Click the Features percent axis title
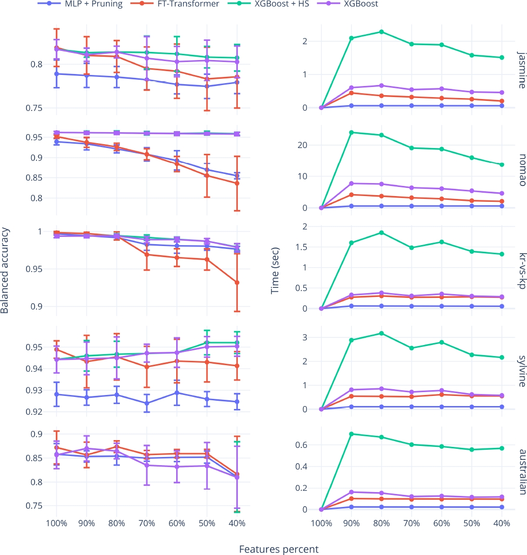coord(279,549)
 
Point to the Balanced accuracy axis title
coord(5,271)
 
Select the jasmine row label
coord(522,70)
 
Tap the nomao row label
coord(522,170)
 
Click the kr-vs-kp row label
coord(522,271)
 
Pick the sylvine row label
coord(522,371)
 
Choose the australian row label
coord(522,471)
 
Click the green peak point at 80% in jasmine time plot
coord(382,32)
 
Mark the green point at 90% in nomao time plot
coord(351,132)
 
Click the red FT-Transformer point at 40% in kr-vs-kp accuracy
coord(237,283)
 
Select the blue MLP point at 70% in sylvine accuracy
coord(147,403)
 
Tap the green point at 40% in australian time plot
coord(501,448)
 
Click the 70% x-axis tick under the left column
coord(147,523)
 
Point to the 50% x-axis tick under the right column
coord(472,523)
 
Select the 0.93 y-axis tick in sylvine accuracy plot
coord(36,390)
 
